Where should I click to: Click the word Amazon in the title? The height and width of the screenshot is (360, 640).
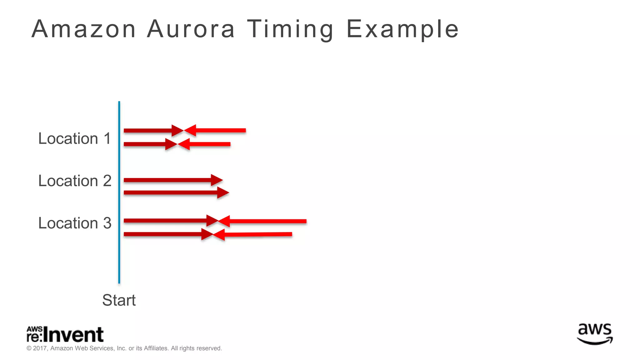[x=83, y=29]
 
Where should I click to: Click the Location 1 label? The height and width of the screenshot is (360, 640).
[x=74, y=138]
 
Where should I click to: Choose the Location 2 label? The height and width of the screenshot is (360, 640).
[x=74, y=181]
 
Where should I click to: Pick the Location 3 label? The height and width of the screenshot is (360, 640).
[x=74, y=223]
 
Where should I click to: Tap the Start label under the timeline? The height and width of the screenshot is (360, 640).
[x=119, y=300]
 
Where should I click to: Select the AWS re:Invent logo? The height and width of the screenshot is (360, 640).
[x=65, y=335]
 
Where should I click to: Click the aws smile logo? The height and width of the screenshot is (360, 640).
[x=595, y=334]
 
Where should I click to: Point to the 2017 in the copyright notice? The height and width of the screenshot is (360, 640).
[x=40, y=348]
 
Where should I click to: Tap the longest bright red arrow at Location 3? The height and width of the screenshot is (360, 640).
[x=266, y=221]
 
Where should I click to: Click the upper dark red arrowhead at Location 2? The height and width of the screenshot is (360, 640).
[x=217, y=180]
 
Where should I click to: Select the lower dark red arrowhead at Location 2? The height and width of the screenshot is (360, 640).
[x=223, y=193]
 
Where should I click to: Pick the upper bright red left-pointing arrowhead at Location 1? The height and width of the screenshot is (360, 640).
[x=190, y=131]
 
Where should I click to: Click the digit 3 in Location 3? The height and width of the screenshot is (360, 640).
[x=107, y=223]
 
